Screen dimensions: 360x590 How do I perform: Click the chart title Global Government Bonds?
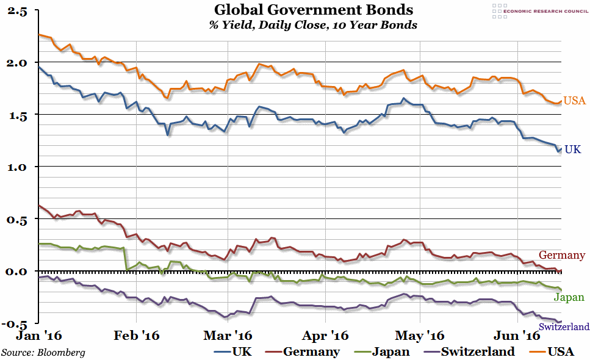tap(314, 10)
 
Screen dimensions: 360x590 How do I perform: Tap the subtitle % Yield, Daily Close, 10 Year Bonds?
tap(314, 25)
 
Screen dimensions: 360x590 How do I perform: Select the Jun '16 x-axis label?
tap(517, 336)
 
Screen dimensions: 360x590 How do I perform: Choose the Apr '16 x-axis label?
tap(325, 336)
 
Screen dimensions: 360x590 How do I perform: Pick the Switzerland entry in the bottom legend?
tap(478, 351)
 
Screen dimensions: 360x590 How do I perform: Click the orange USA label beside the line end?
tap(574, 101)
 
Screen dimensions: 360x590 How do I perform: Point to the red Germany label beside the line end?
tap(562, 256)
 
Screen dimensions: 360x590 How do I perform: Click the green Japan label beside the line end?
tap(569, 298)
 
